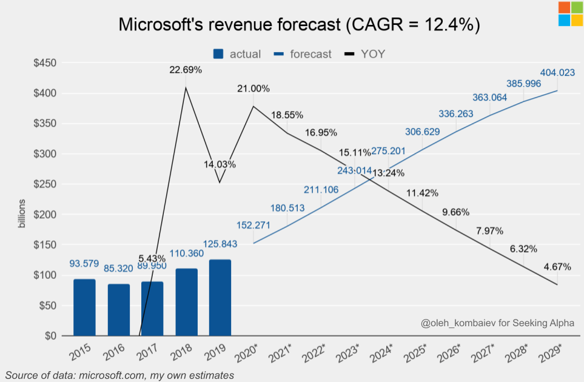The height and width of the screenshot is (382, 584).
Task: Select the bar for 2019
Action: (x=220, y=297)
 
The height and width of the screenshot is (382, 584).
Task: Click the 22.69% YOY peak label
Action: (x=186, y=70)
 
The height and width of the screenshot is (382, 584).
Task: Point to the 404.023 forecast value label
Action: (x=557, y=73)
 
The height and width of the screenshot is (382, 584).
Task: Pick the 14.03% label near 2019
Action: (x=220, y=164)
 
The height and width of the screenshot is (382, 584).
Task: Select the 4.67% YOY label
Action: (x=557, y=266)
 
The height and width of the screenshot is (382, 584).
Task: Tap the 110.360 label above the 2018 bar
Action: (x=186, y=253)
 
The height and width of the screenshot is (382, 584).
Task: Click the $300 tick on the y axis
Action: (x=43, y=154)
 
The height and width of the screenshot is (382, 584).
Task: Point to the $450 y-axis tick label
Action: (x=43, y=63)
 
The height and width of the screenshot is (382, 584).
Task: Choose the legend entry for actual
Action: (x=237, y=54)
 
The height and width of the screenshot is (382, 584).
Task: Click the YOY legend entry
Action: (x=365, y=54)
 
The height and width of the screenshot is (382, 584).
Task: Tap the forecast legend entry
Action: (x=303, y=54)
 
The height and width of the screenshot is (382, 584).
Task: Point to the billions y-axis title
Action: (x=22, y=213)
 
